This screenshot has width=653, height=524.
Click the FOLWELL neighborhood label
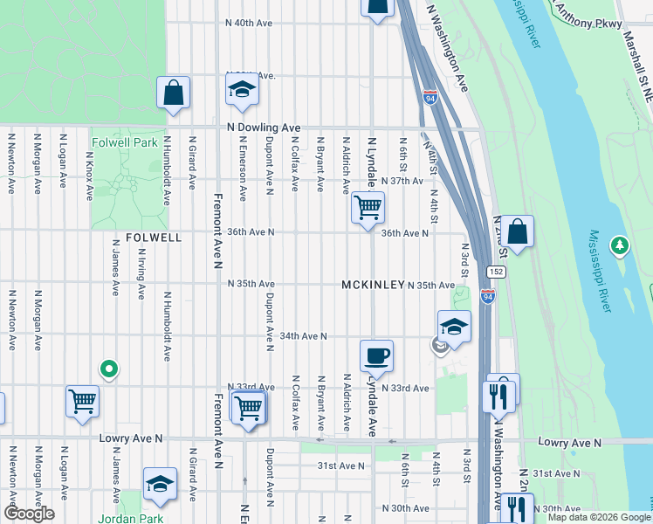154,237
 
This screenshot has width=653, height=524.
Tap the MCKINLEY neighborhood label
372,286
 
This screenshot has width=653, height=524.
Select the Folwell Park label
125,141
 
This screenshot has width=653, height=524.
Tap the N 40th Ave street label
250,24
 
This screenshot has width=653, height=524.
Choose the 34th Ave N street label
297,335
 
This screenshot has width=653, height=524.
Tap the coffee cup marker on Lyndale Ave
376,355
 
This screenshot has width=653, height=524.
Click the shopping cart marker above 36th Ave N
368,207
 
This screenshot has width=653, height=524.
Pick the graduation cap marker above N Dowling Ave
242,89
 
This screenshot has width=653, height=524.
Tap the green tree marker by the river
620,246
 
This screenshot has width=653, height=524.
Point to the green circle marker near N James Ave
108,370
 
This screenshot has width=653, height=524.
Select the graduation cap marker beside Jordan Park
160,484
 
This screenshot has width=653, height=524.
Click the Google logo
30,514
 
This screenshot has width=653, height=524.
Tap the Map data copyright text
599,517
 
